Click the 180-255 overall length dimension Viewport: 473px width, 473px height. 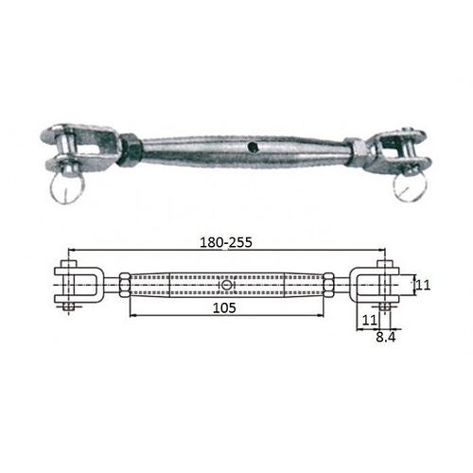click(226, 242)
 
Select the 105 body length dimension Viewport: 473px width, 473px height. click(224, 308)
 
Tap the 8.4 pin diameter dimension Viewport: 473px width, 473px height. click(385, 338)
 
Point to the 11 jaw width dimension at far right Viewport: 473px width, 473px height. click(423, 286)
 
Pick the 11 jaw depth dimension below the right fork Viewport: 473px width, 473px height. click(369, 321)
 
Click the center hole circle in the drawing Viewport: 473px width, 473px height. click(226, 286)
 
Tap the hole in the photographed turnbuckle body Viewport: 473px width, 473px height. click(252, 147)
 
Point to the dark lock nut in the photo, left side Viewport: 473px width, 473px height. click(130, 150)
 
